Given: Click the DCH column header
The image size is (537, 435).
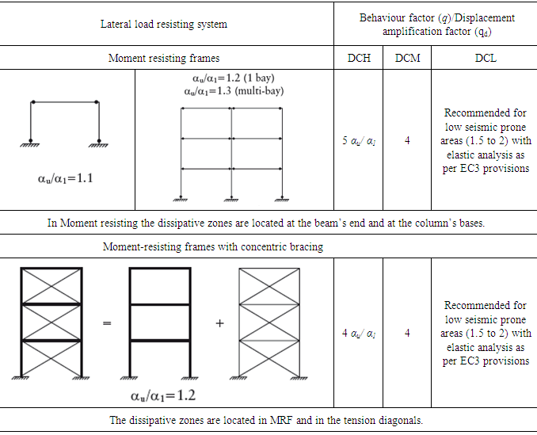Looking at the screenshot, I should click(358, 58).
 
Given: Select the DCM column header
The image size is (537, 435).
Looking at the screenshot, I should click(407, 58).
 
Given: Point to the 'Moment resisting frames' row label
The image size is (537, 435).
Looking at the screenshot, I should click(164, 58).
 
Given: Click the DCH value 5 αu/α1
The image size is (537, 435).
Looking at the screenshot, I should click(358, 140).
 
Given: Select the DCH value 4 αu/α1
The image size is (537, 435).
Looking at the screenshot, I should click(358, 333).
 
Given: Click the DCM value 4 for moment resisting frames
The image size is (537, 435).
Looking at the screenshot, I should click(407, 140).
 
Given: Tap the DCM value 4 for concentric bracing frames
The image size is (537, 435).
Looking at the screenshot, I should click(407, 333).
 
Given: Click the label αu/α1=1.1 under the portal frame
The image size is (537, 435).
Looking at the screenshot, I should click(65, 178).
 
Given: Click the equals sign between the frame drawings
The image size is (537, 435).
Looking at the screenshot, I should click(107, 323).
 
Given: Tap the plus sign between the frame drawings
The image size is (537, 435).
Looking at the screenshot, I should click(219, 323).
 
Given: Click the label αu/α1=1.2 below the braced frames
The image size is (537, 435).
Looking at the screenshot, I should click(162, 395).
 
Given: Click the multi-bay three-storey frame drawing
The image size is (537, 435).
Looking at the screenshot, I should click(232, 151).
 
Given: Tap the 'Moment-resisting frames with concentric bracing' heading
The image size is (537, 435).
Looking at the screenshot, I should click(213, 246).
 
